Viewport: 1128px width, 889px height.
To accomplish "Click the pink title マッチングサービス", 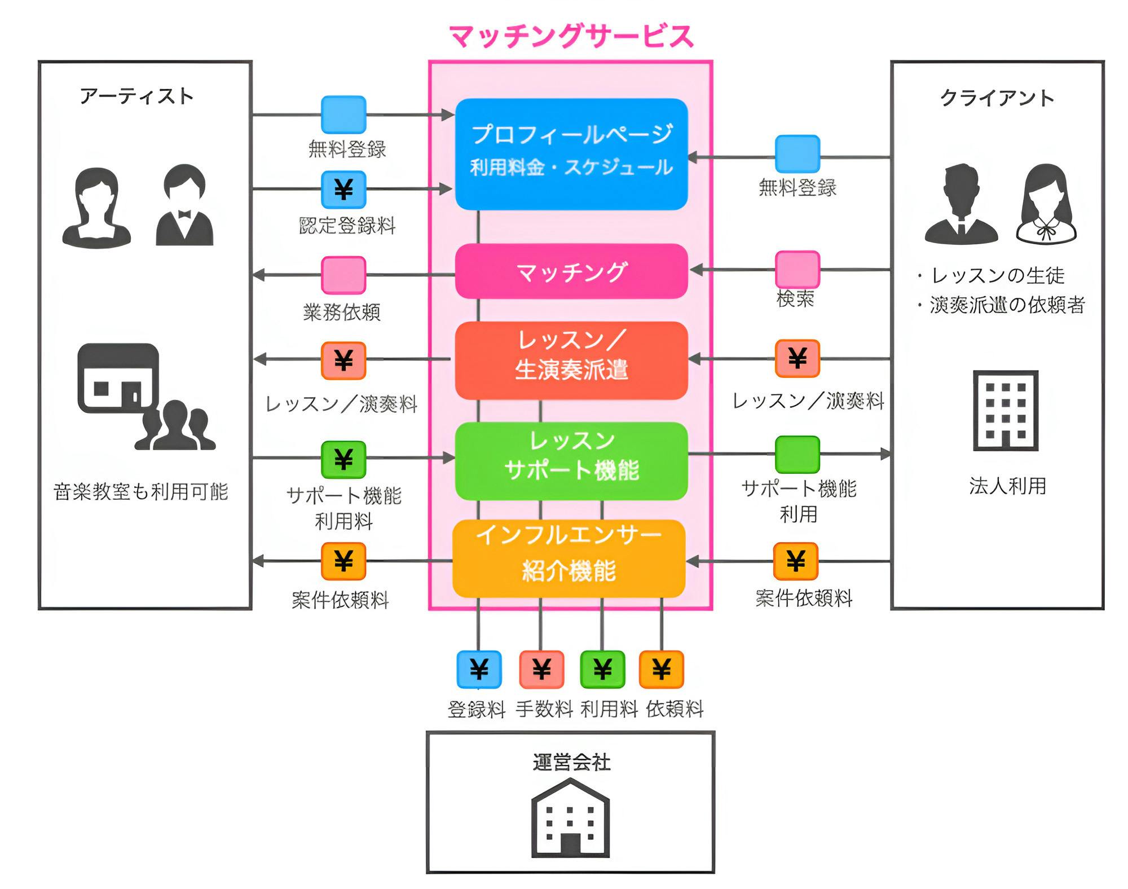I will coord(571,36).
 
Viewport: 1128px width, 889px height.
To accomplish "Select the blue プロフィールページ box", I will coord(571,154).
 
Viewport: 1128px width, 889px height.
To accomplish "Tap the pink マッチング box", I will coord(571,271).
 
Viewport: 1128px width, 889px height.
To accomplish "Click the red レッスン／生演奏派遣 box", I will coord(571,360).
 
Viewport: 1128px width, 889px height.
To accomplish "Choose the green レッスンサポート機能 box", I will coord(571,461).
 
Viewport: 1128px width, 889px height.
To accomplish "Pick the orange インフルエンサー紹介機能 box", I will coord(569,558).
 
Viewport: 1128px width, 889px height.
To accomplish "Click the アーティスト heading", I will coord(137,96).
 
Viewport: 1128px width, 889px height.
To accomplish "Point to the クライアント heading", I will coord(997,98).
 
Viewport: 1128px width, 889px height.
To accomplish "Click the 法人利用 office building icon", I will coord(1006,410).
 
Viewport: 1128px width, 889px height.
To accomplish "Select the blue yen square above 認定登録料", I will coord(343,190).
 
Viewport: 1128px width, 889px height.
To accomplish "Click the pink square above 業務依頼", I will coord(343,275).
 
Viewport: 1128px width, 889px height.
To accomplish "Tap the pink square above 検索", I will coord(797,270).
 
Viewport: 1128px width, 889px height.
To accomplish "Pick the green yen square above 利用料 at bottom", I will coord(602,670).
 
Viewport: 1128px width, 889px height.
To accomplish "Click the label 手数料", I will coord(544,709).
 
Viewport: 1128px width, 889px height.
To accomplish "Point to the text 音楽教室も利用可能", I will coord(141,492).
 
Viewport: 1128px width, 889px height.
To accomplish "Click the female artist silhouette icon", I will coord(97,208).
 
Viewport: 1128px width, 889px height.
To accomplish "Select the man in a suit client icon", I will coord(961,204).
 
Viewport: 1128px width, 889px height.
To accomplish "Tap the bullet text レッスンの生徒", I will coord(997,276).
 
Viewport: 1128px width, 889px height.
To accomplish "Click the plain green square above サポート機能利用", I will coord(797,454).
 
